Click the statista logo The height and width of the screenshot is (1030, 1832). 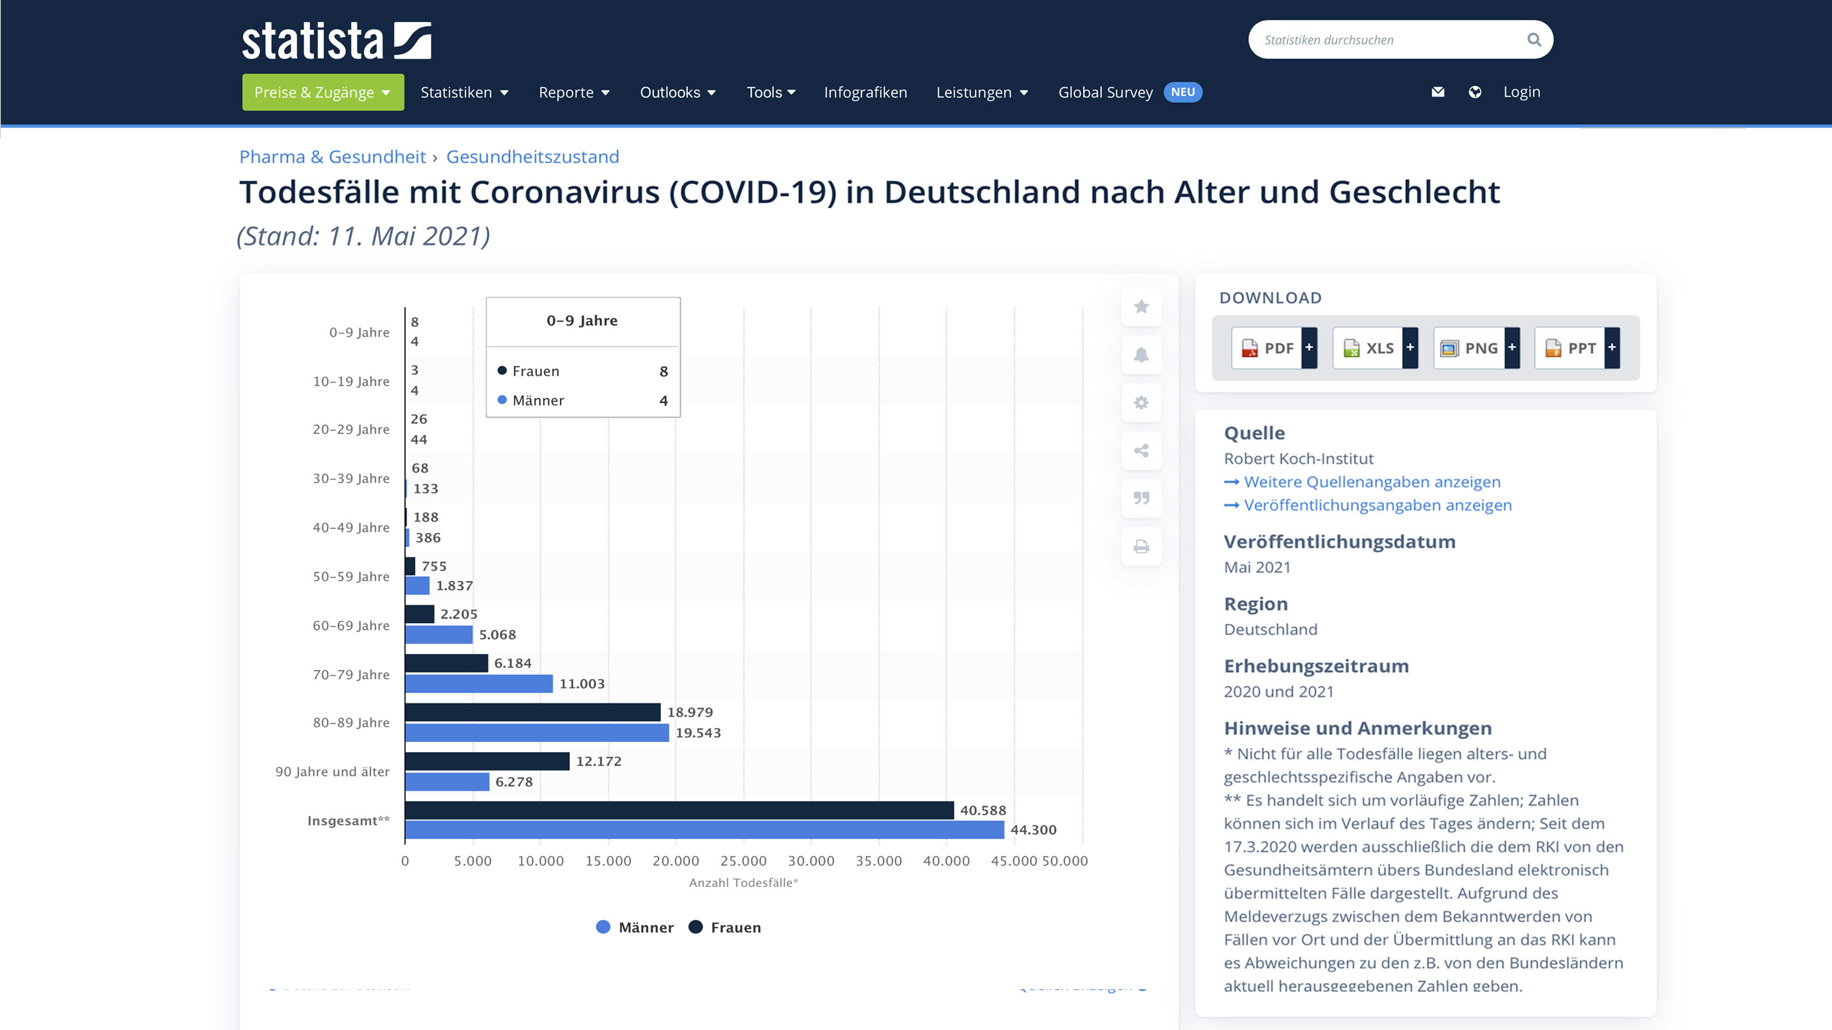[336, 41]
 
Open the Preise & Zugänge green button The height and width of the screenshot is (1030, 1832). [323, 92]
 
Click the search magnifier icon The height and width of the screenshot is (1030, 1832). [1534, 40]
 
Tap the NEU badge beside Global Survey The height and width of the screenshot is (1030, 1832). [1183, 92]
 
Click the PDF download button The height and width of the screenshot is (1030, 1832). [1273, 348]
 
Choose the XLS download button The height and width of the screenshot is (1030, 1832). [1375, 348]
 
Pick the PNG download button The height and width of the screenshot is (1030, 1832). [1476, 348]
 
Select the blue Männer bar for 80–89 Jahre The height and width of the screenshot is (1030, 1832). [537, 732]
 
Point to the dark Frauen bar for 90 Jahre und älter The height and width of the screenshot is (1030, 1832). [487, 761]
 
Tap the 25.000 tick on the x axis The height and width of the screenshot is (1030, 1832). [743, 861]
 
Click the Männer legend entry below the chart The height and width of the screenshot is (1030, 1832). [635, 927]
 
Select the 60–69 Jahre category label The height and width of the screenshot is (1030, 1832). [351, 626]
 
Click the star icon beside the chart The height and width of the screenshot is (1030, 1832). [1141, 306]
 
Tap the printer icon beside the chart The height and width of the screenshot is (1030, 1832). [1141, 547]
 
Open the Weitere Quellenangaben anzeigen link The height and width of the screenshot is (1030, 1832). [1372, 482]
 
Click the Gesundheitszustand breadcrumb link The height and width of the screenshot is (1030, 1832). [532, 156]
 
